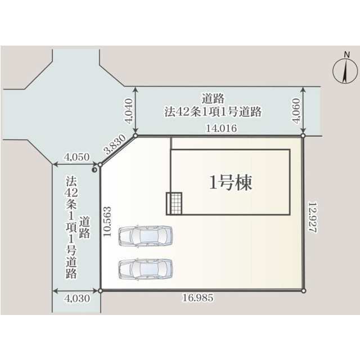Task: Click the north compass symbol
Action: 345,71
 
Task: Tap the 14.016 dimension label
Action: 222,128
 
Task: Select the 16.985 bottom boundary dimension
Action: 197,298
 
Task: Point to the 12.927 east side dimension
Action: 313,217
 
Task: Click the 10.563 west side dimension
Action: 107,222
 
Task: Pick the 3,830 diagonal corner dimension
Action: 115,144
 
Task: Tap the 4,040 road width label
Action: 129,111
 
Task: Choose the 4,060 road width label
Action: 296,111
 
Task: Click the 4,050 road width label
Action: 76,157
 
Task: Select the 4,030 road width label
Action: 77,299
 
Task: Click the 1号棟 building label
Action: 231,182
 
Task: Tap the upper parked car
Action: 145,236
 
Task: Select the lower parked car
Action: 145,269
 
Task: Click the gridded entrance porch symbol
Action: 174,204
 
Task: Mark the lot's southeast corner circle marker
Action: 304,291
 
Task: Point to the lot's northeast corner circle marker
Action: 303,136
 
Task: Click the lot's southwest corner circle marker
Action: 100,291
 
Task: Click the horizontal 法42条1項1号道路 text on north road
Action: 213,112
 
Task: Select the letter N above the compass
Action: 346,55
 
